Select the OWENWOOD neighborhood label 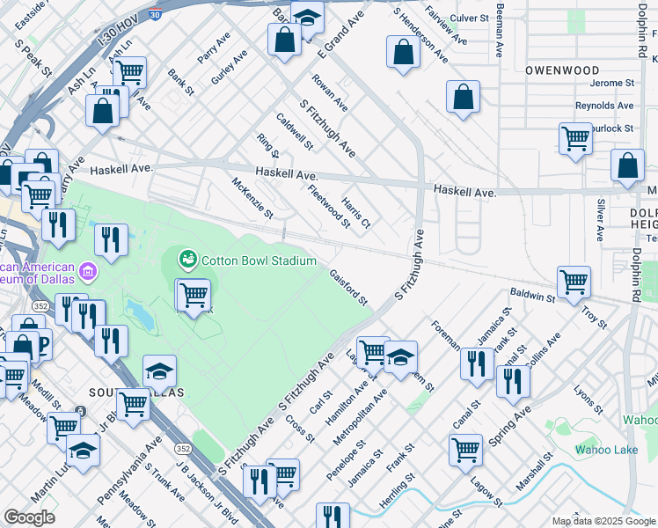click(x=562, y=70)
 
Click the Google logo click(x=29, y=517)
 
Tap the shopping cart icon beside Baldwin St click(x=574, y=282)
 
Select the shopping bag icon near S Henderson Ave click(x=402, y=52)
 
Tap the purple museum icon click(x=88, y=268)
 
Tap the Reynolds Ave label click(x=603, y=106)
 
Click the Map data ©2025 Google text click(x=603, y=521)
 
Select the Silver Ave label click(x=600, y=220)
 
